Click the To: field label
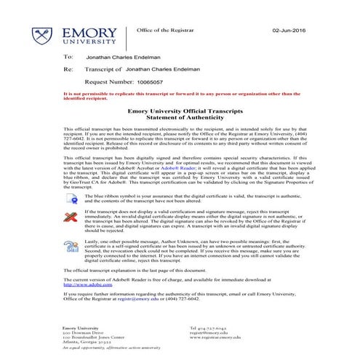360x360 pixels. (x=68, y=56)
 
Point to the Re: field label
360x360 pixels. (x=69, y=70)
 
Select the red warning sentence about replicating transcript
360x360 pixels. (x=180, y=95)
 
